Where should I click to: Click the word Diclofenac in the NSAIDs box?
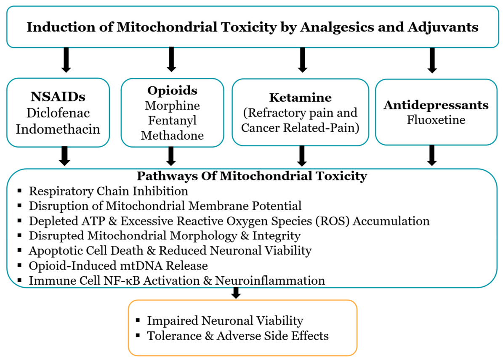click(x=58, y=113)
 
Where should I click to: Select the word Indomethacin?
click(x=58, y=129)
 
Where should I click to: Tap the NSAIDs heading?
click(x=58, y=96)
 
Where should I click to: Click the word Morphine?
click(x=172, y=106)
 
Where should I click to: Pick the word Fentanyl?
click(x=172, y=121)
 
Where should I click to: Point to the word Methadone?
click(x=172, y=135)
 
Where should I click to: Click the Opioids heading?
click(x=172, y=91)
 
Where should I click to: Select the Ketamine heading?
click(x=300, y=98)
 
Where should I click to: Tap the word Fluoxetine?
click(x=436, y=120)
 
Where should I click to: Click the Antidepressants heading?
click(x=436, y=105)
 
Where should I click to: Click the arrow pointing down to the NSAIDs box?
click(x=66, y=60)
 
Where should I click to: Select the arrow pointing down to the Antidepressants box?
click(x=432, y=60)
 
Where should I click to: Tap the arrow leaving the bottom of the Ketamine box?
click(x=302, y=156)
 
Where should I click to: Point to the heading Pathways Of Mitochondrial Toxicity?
click(x=252, y=176)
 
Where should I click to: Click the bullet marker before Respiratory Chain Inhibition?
click(x=19, y=191)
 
